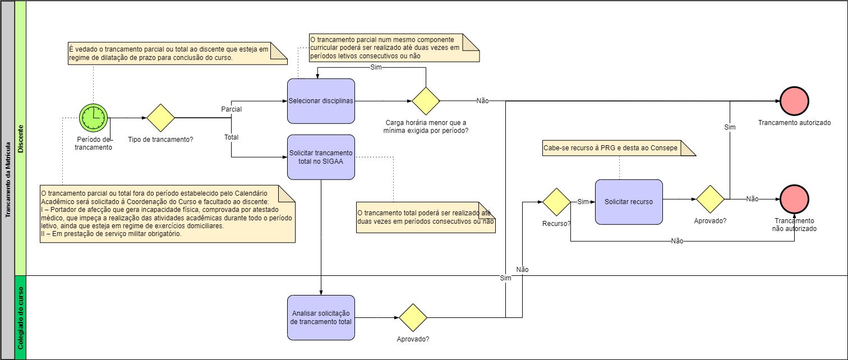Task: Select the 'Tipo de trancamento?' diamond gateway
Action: (161, 118)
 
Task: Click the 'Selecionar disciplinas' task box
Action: (321, 101)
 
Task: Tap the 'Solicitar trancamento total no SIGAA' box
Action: (321, 157)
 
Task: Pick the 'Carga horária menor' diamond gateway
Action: (426, 101)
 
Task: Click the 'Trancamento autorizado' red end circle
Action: (794, 101)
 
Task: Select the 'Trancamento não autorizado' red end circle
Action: (794, 199)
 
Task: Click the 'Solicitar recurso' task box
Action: (628, 202)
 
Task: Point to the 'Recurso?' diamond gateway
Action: (556, 202)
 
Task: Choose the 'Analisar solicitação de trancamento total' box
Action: (321, 317)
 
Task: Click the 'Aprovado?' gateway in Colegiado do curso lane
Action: (413, 317)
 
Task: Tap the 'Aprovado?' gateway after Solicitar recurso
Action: (710, 199)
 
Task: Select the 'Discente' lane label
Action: (20, 139)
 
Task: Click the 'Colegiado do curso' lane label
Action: (20, 317)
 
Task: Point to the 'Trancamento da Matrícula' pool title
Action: (8, 179)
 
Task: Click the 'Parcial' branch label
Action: (232, 109)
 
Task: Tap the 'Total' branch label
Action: (231, 137)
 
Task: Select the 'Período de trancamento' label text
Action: (94, 144)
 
